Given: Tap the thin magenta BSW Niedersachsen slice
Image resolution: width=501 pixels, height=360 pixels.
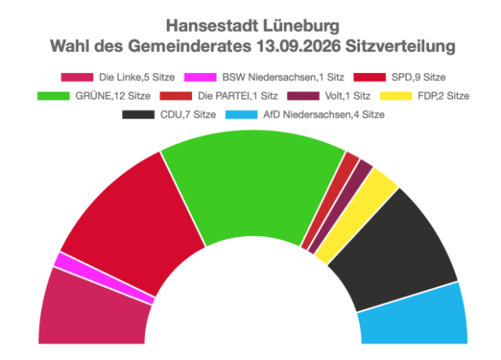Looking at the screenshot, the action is tap(102, 278).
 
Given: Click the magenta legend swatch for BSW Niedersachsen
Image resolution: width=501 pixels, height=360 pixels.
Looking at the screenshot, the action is tap(201, 78).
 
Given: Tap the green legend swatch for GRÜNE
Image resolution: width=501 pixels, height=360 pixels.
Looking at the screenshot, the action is tap(53, 96).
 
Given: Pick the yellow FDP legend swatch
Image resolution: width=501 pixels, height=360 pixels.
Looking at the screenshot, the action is tap(396, 96).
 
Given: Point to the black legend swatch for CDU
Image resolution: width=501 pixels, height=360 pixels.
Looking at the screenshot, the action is tap(138, 115).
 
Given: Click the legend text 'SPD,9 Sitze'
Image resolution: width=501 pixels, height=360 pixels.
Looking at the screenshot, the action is tap(419, 78).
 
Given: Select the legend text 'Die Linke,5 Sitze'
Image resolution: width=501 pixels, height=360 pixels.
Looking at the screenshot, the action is tap(137, 78).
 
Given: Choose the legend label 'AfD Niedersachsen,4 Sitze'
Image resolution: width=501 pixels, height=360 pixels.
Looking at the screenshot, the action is tap(324, 115).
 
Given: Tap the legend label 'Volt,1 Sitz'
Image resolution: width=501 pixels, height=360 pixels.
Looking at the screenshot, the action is tap(347, 96).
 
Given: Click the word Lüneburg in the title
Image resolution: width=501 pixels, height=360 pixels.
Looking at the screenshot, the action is tap(301, 26).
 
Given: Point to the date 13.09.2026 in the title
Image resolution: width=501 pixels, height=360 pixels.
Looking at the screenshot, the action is tap(299, 46).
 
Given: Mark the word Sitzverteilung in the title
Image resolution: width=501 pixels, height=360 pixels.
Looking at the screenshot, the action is tap(401, 47).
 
